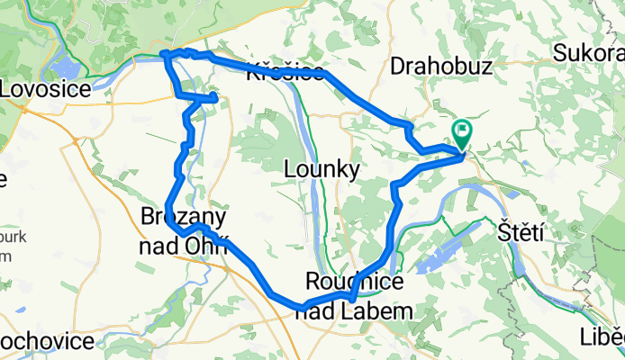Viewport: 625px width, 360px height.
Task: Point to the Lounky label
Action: tap(322, 168)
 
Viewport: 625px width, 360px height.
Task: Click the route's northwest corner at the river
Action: tap(165, 55)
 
